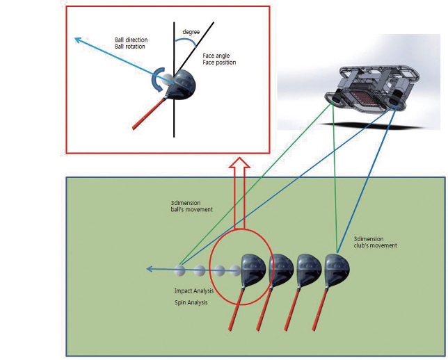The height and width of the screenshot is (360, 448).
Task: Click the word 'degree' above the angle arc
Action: tap(191, 32)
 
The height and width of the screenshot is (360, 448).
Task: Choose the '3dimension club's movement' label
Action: tap(375, 241)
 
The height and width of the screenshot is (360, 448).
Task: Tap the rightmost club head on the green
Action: tap(337, 267)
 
